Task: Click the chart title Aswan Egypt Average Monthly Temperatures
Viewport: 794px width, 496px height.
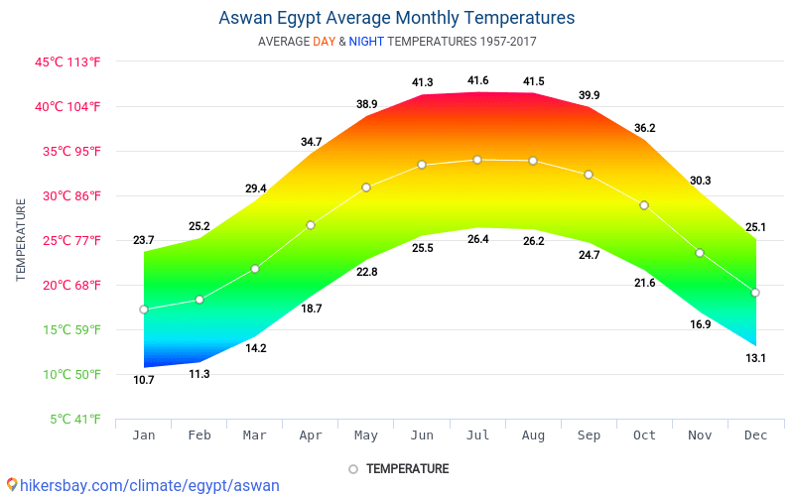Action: coord(396,18)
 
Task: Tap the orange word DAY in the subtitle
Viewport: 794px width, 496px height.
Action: coord(324,42)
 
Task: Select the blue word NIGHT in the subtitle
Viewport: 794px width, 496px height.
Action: coord(366,42)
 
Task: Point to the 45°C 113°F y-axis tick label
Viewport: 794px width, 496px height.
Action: coord(68,62)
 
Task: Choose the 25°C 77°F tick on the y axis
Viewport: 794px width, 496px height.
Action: coord(68,240)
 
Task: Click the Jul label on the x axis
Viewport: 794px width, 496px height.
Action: coord(477,434)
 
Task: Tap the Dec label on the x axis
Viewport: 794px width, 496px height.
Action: coord(755,434)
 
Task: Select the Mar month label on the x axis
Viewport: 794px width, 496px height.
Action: coord(255,434)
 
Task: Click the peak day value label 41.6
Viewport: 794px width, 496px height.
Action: coord(477,80)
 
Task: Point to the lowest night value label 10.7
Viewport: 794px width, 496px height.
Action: coord(144,380)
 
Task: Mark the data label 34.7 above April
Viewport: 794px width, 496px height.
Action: coord(311,142)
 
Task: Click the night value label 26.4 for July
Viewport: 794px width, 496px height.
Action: coord(477,239)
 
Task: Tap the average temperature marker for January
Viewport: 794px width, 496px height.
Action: coord(144,310)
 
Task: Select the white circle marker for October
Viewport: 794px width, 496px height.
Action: coord(644,205)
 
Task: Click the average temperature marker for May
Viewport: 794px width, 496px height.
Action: coord(366,187)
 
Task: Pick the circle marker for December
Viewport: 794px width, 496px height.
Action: coord(755,293)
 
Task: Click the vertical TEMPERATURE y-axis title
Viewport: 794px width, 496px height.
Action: coord(21,240)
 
